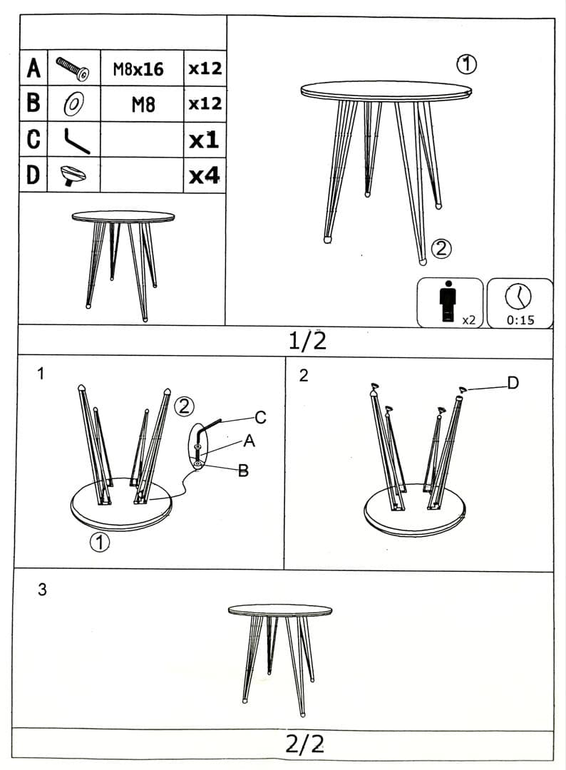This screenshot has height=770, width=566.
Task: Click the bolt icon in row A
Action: click(x=73, y=68)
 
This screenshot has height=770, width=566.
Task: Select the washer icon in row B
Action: click(x=73, y=104)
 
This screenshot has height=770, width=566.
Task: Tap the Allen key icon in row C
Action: click(x=76, y=141)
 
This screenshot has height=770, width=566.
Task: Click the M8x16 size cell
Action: click(x=138, y=69)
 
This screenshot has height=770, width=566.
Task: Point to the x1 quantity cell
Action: click(x=204, y=140)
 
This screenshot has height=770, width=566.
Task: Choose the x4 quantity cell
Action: click(x=205, y=175)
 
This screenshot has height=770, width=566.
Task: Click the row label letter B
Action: click(x=34, y=103)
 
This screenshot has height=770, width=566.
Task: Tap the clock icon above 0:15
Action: click(x=518, y=297)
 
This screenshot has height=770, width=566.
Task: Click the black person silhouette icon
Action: click(x=448, y=301)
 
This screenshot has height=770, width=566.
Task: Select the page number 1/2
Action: click(x=307, y=340)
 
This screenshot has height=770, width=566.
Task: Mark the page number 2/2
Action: click(x=305, y=744)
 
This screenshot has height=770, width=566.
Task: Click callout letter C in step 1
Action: click(x=260, y=417)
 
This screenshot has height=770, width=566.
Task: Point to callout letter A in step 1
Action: click(x=249, y=441)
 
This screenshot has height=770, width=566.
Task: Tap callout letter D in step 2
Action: click(x=513, y=383)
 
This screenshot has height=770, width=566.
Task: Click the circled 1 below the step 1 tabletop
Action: click(x=100, y=542)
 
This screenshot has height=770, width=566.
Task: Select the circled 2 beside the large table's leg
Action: click(x=441, y=249)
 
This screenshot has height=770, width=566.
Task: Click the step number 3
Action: click(x=42, y=590)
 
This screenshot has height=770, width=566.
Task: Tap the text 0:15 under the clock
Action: click(x=520, y=320)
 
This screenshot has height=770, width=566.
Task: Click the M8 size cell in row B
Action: click(x=143, y=105)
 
